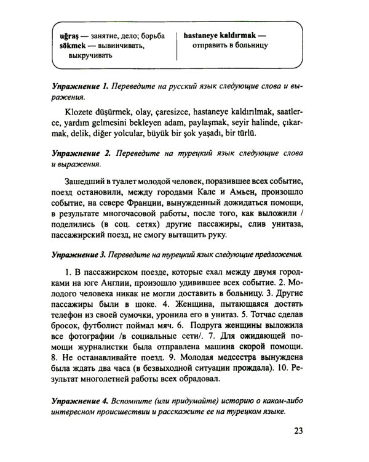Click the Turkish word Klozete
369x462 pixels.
click(81, 111)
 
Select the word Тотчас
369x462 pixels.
click(280, 317)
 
